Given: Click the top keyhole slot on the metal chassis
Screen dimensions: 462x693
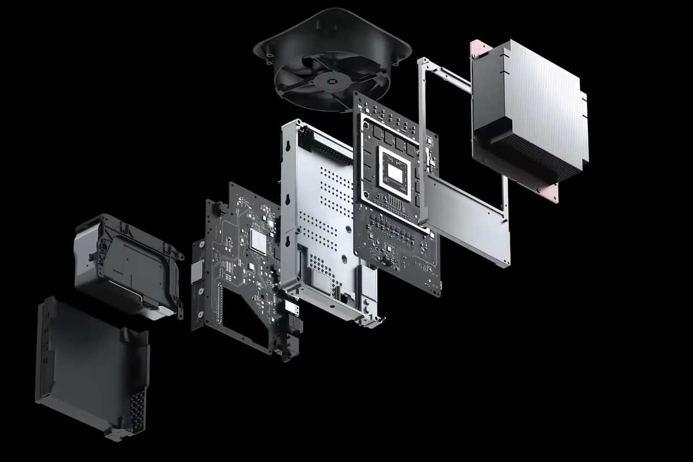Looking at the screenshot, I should pos(287,147).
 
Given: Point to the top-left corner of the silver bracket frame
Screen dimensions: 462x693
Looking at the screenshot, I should pos(422,62).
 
